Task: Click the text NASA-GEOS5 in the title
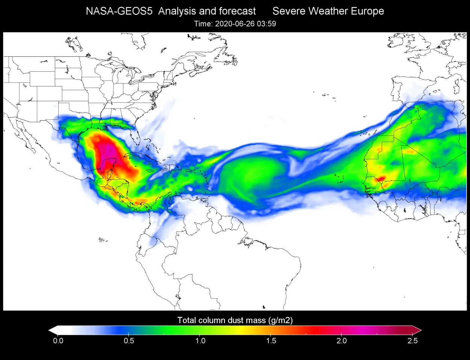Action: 119,11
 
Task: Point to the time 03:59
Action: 267,24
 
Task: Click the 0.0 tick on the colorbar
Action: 58,341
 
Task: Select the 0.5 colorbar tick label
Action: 129,341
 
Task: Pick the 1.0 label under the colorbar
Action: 200,341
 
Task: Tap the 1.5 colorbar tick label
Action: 271,341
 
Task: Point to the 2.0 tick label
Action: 341,341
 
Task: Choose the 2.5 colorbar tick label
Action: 412,341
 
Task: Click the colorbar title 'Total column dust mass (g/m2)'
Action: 235,320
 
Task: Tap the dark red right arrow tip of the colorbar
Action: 418,330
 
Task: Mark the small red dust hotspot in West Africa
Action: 381,178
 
